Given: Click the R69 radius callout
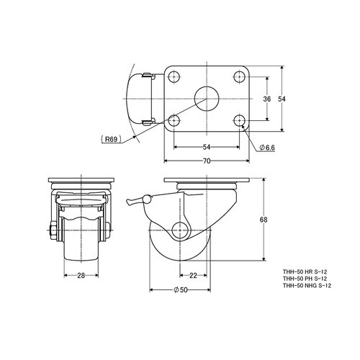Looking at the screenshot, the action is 111,139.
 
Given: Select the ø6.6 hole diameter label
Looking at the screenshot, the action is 267,148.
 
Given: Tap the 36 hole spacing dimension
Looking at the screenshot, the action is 267,99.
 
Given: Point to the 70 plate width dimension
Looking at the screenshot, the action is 207,161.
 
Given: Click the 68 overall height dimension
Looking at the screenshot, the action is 264,220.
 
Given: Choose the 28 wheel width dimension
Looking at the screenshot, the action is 81,276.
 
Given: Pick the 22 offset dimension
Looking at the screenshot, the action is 193,276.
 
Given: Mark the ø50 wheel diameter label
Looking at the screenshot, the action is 180,290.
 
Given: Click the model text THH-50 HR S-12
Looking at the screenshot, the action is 305,272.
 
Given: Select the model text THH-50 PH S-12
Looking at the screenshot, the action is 305,279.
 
